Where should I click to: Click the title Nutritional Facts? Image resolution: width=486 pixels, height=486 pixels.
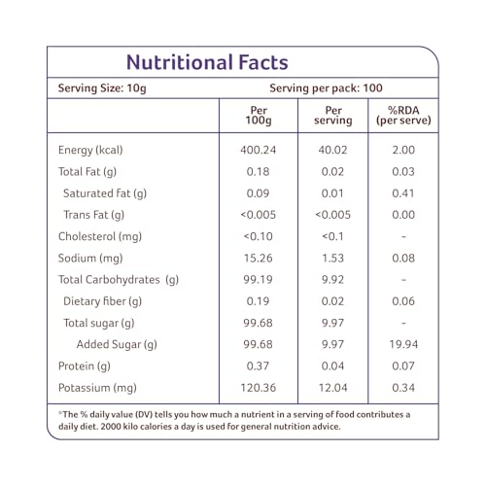coord(207,62)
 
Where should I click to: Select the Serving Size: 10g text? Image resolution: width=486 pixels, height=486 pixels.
coord(102,88)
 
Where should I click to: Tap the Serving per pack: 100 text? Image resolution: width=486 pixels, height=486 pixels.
coord(326,88)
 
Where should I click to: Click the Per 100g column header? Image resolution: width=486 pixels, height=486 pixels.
coord(259,116)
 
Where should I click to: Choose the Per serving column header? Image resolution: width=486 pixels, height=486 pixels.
coord(333,116)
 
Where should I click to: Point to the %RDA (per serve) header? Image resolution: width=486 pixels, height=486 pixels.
coord(403,116)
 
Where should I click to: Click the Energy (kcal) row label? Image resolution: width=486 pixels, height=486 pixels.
coord(90,151)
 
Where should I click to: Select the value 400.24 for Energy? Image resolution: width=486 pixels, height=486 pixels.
coord(259,150)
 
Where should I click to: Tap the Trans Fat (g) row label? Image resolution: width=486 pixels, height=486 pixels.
coord(94,215)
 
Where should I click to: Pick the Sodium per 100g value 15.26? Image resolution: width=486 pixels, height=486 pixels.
coord(259,259)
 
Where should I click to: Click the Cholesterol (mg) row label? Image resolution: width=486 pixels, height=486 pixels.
coord(100,237)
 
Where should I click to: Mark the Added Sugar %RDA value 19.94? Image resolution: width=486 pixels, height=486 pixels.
coord(403,344)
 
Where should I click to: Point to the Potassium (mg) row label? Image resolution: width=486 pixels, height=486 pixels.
coord(97,388)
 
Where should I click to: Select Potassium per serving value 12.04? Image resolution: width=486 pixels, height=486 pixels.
coord(332,388)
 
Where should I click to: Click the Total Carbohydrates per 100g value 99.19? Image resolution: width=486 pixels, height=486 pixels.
coord(259,280)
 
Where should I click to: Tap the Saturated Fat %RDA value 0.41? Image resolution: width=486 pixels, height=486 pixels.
coord(403,193)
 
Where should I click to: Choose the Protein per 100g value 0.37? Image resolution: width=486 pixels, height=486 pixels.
coord(258,366)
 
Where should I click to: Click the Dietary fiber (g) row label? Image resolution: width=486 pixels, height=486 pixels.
coord(103,301)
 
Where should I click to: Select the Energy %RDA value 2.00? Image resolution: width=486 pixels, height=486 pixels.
coord(403,150)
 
